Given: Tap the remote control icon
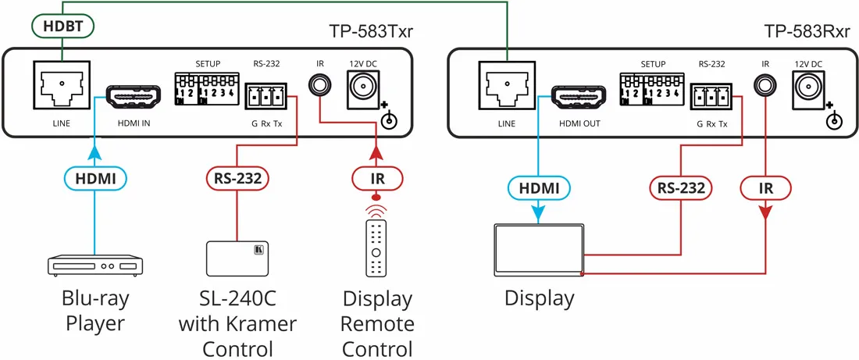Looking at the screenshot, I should pos(376,248).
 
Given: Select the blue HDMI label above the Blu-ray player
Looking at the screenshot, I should pos(95,179).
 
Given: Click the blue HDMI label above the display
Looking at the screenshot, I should pos(539,187).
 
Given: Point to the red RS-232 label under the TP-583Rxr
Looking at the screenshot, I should pos(681,187).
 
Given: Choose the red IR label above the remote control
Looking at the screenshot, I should pos(376,179).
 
